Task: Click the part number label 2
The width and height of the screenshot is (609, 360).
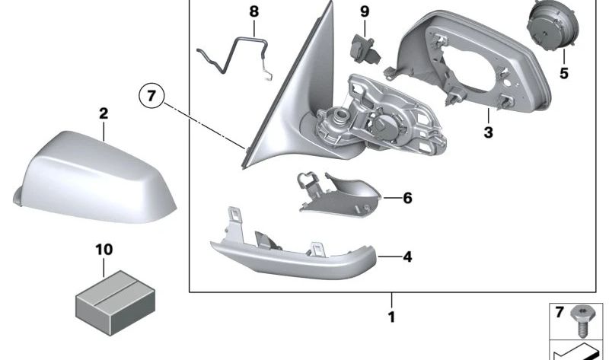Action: pyautogui.click(x=104, y=114)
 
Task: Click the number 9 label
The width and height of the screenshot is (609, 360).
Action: pyautogui.click(x=364, y=11)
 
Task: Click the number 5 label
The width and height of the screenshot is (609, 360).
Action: pyautogui.click(x=564, y=74)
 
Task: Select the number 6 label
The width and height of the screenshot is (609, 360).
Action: pyautogui.click(x=407, y=198)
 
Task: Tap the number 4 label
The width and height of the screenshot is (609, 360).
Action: pyautogui.click(x=407, y=257)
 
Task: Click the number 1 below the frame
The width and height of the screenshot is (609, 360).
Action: pyautogui.click(x=391, y=317)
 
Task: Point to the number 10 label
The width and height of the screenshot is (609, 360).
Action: pyautogui.click(x=104, y=249)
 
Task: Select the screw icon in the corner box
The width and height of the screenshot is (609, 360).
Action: pyautogui.click(x=585, y=317)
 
